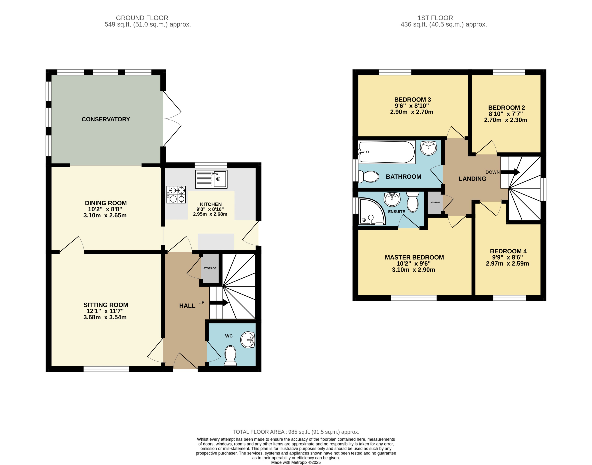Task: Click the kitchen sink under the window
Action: (211, 179)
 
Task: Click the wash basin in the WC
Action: (248, 340)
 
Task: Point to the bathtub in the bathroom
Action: (387, 152)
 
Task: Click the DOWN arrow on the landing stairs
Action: (510, 172)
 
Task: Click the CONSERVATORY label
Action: (106, 119)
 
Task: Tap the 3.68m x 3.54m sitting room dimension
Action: (105, 317)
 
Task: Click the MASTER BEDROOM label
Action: (414, 257)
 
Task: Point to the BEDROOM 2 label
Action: (506, 108)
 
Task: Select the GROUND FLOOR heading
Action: (142, 18)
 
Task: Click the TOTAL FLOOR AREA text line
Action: (296, 432)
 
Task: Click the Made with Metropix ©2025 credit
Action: (296, 462)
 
